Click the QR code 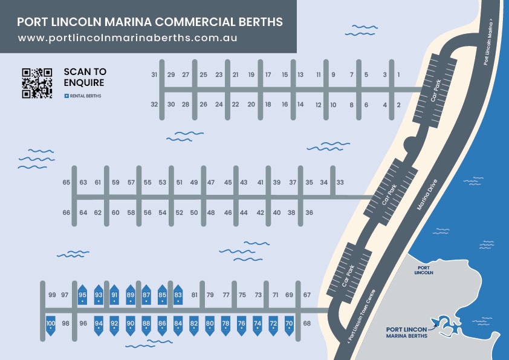point(37,83)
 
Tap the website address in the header point(127,38)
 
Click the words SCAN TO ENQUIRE point(85,77)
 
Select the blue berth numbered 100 point(51,325)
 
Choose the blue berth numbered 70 point(289,325)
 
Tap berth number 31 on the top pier point(155,75)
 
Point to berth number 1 point(398,75)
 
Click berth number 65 point(66,183)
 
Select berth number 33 point(340,183)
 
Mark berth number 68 point(307,324)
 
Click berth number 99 point(51,295)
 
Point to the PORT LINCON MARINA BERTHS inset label point(406,333)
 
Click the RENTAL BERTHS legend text point(86,96)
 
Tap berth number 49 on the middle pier point(194,183)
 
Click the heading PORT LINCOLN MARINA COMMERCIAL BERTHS point(150,22)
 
